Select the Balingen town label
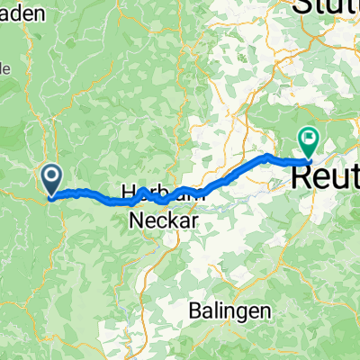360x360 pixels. click(231, 310)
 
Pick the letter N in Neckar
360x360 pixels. click(138, 219)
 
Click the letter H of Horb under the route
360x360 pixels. click(127, 193)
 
